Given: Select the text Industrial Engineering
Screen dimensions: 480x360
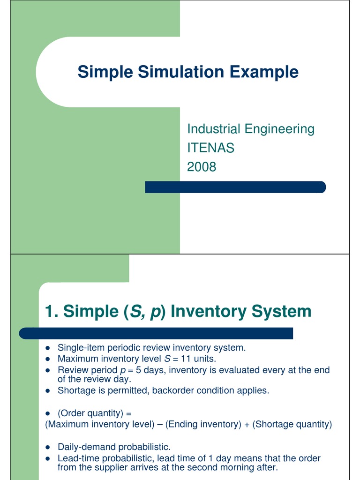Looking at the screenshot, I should point(251,129).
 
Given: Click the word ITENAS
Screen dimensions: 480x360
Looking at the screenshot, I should point(210,148).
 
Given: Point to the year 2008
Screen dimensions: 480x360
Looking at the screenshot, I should point(202,166).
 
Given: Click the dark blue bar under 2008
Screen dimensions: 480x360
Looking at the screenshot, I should point(235,187).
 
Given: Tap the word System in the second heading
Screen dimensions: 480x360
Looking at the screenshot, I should point(285,311).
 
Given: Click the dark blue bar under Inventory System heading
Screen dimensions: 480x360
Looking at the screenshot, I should point(156,333).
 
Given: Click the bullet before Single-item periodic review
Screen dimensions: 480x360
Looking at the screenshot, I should point(48,348).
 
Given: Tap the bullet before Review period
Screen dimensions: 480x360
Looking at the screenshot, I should point(48,370).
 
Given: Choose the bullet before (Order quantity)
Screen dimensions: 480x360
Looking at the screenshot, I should point(48,413).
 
